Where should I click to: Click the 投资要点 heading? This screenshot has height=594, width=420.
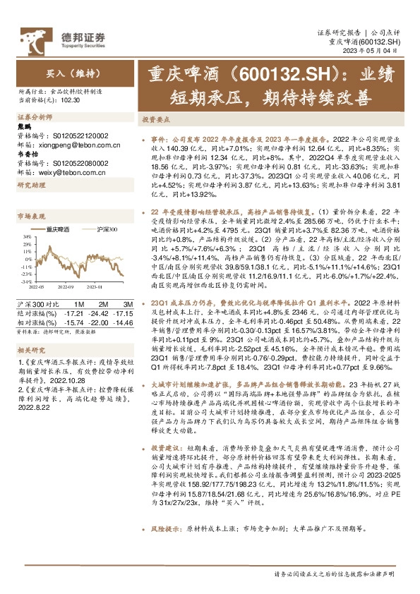[155, 121]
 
